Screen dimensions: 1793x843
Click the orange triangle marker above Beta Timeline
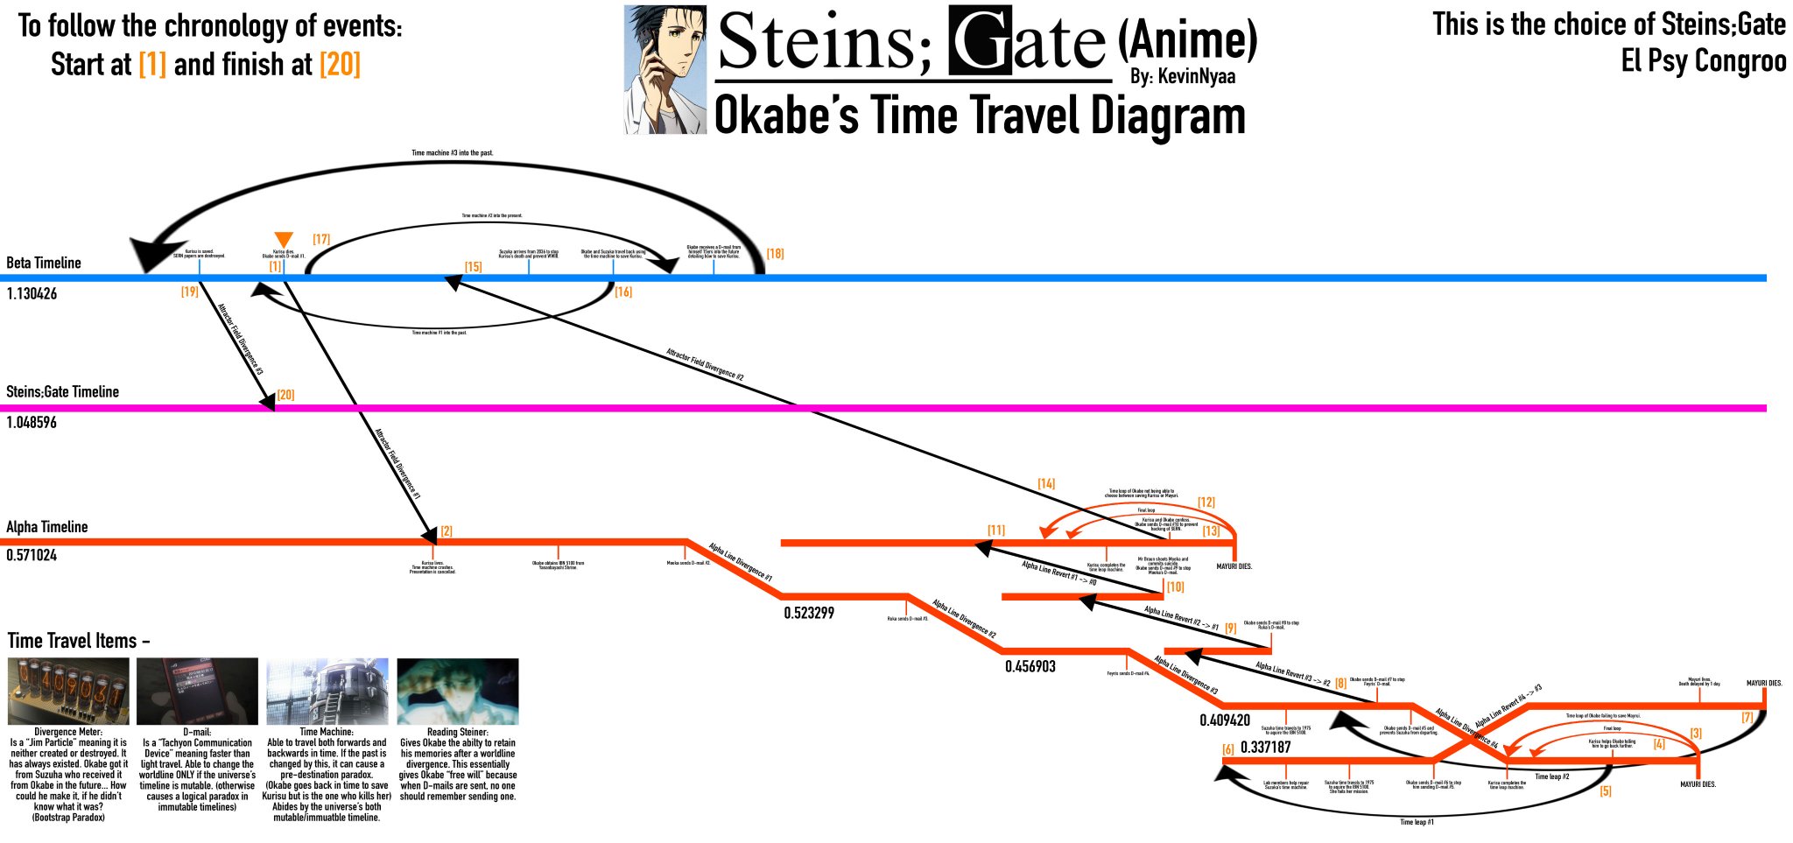[283, 240]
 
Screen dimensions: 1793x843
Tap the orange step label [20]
[285, 395]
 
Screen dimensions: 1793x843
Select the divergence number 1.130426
[32, 294]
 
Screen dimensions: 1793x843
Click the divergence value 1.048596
[32, 423]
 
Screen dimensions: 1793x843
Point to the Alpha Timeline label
[47, 527]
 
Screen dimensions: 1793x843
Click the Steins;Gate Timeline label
[62, 392]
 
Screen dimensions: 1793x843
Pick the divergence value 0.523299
[809, 613]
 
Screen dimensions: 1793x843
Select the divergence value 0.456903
[1030, 667]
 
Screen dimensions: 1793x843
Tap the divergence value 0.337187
[1266, 748]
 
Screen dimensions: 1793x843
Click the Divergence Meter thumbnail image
[68, 692]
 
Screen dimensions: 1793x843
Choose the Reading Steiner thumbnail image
[458, 692]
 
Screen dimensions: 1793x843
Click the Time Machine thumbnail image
[327, 692]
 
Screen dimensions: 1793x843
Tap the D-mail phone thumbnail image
[198, 692]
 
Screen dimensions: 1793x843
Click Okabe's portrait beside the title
[665, 70]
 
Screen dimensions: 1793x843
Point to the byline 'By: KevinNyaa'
[1182, 77]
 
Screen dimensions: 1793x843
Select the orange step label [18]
[775, 254]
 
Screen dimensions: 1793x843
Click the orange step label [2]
[446, 531]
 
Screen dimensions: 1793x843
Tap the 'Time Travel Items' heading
[77, 641]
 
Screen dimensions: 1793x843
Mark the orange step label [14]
[1046, 484]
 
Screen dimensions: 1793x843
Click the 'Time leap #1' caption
[1417, 822]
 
